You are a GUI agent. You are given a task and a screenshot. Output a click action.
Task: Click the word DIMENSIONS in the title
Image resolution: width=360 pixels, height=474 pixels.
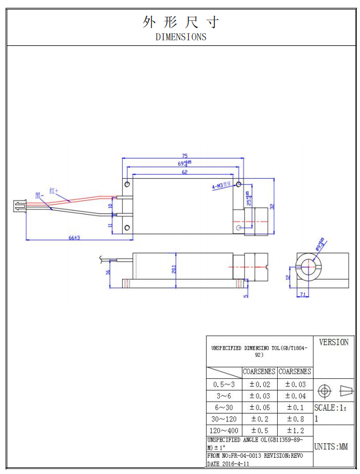click(180, 37)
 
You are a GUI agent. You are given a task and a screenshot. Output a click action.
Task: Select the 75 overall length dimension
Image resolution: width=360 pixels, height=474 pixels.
click(184, 156)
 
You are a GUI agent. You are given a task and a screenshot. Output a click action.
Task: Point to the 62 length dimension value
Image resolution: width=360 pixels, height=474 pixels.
click(184, 173)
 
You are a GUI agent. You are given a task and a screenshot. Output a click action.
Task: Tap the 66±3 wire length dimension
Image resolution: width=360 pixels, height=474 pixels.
click(74, 238)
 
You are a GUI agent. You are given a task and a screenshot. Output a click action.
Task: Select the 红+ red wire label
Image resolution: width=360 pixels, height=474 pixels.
click(54, 190)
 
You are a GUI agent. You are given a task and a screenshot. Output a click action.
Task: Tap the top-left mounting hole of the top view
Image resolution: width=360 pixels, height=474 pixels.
click(128, 184)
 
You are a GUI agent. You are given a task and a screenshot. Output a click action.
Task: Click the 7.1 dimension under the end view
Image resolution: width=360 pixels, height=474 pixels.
click(303, 294)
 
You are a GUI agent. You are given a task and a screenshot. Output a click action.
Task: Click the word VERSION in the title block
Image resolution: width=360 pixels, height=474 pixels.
click(333, 342)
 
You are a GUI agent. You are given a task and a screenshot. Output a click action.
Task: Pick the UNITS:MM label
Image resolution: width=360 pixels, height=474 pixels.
click(331, 447)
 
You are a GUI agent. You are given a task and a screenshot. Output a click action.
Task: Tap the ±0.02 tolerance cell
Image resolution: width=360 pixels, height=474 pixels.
click(259, 384)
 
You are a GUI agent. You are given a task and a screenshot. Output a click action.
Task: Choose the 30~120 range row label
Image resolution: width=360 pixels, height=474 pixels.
click(224, 419)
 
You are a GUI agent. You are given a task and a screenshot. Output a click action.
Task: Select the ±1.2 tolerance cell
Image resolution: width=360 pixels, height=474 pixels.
click(294, 430)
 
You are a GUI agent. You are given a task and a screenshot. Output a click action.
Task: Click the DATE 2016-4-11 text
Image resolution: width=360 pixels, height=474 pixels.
click(228, 464)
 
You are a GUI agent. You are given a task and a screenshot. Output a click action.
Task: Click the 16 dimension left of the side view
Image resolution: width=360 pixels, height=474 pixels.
click(108, 272)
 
